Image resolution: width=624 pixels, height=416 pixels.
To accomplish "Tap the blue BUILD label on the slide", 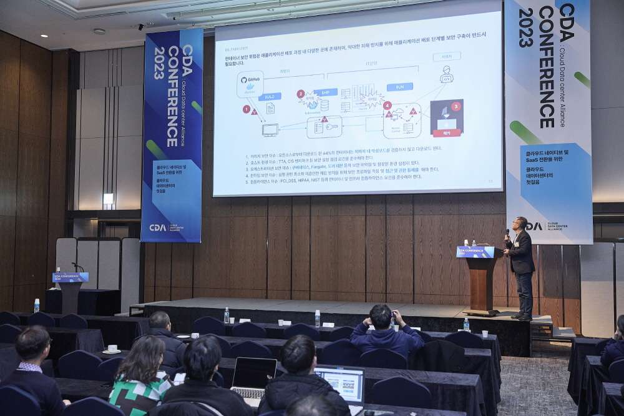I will coord(270,97).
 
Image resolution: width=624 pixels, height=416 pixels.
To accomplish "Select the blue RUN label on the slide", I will coord(399,87).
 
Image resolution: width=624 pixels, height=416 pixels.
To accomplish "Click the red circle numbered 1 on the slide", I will coord(246,109).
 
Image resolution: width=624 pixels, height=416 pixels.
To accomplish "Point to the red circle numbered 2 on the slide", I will coord(301,94).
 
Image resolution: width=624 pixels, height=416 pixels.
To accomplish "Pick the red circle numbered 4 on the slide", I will coord(388,106).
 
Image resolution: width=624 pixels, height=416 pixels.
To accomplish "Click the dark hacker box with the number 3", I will coord(447,117).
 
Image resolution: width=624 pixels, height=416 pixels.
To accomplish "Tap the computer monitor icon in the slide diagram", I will coord(270,130).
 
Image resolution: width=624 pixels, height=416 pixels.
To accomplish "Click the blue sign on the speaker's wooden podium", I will coord(475,252).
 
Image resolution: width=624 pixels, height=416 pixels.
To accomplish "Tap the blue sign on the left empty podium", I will coord(71,277).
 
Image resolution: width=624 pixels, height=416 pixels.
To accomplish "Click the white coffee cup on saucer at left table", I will coord(112,349).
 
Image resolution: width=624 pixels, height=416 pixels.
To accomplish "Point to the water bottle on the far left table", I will coord(37,305).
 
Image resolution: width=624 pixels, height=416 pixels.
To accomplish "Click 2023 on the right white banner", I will coord(526,27).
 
